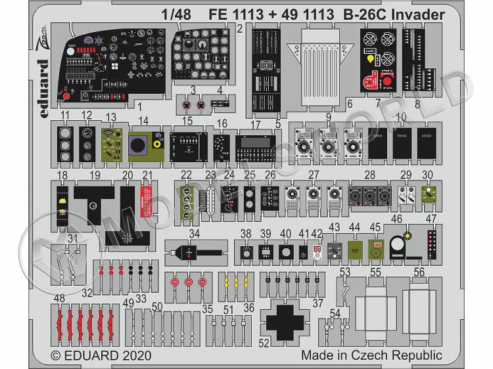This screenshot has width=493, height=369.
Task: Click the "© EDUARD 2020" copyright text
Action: [x=103, y=355]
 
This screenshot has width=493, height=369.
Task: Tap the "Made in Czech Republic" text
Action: [x=371, y=355]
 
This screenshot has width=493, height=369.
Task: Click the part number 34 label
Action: [x=194, y=233]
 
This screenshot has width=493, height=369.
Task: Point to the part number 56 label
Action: [x=419, y=272]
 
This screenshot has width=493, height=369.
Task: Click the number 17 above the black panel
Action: [x=256, y=124]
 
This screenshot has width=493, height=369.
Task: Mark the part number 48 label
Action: [x=60, y=297]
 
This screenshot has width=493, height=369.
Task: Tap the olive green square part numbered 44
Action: [x=355, y=250]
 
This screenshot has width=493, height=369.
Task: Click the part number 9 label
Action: [x=327, y=118]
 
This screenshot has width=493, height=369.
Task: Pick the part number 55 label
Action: [x=375, y=272]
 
